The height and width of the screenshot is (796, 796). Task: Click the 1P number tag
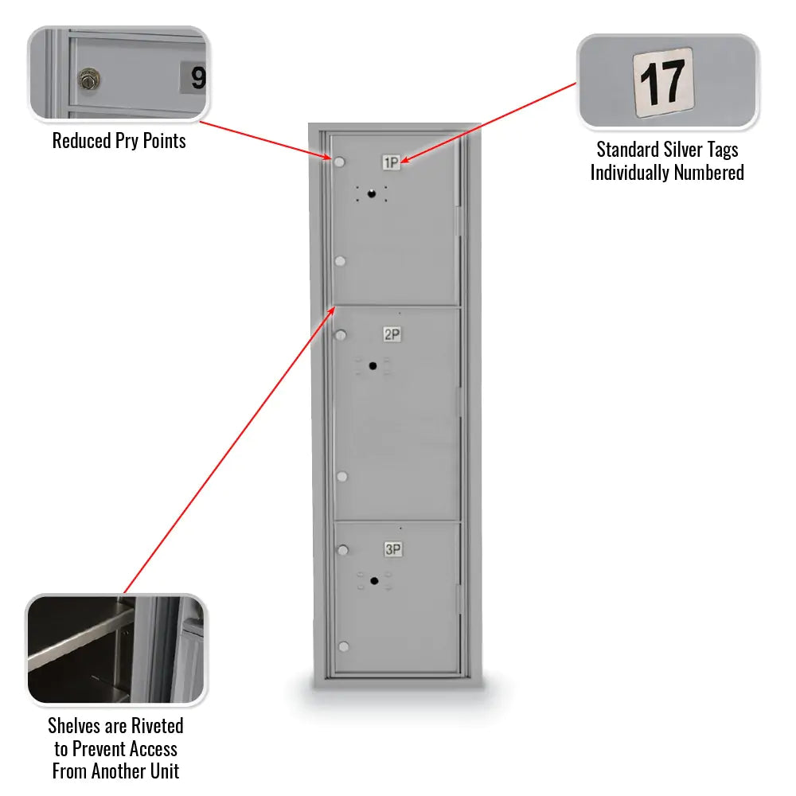coord(392,163)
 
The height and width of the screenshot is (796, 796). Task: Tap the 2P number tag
coord(392,335)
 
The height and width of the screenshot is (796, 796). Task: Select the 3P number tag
coord(392,549)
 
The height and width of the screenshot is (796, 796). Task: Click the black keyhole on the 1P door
coord(371,193)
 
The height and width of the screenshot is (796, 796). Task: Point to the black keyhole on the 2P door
coord(373,365)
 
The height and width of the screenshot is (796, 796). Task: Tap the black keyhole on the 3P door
coord(373,580)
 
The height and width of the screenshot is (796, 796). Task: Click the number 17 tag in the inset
coord(663,82)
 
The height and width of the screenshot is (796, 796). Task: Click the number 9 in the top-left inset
coord(197,78)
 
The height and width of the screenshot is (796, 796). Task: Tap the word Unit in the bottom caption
coord(163,771)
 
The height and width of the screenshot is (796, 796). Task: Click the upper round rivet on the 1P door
coord(340,163)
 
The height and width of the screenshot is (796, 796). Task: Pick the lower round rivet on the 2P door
coord(341,477)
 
